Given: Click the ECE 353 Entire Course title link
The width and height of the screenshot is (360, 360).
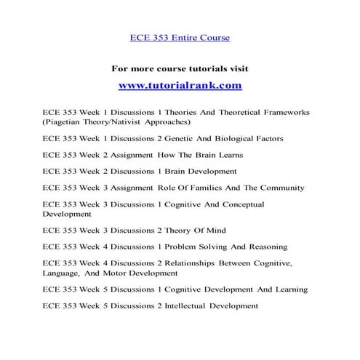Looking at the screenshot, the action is (180, 37).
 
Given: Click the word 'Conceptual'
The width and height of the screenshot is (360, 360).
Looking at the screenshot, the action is (239, 204).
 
